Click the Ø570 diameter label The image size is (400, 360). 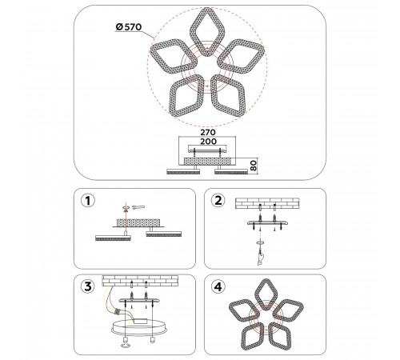click(129, 27)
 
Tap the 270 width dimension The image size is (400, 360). click(208, 132)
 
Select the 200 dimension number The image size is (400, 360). click(208, 142)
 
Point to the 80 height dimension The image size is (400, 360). click(254, 166)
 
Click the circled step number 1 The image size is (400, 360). click(88, 201)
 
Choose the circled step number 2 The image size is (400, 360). click(218, 201)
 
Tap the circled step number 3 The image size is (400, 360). click(88, 286)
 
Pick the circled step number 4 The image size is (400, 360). click(218, 286)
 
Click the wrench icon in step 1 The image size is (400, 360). click(138, 207)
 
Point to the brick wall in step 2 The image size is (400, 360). click(267, 203)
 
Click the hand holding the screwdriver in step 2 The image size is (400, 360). click(261, 258)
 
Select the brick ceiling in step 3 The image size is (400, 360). click(140, 281)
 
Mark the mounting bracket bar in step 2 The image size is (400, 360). click(268, 223)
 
